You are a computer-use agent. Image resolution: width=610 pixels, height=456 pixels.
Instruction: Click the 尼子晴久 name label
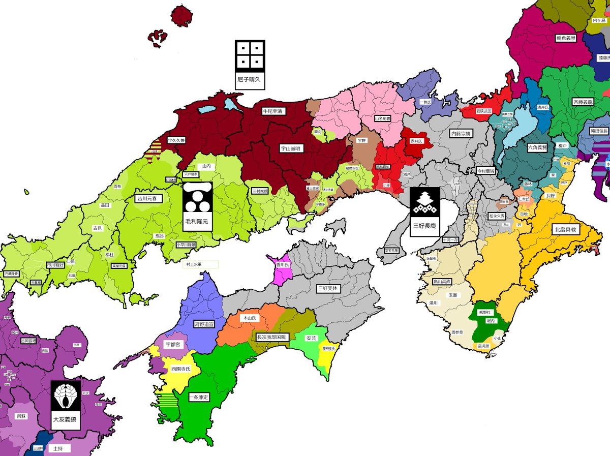(250, 80)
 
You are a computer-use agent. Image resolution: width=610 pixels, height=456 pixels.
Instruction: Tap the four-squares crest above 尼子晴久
(250, 55)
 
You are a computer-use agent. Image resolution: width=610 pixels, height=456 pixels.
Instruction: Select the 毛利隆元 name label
(196, 222)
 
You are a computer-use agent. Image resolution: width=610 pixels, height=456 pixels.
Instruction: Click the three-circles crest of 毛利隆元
(196, 199)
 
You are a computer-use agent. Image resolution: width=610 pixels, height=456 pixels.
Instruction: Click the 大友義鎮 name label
(66, 420)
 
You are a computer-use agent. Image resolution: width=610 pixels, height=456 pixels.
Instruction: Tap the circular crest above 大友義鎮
(66, 397)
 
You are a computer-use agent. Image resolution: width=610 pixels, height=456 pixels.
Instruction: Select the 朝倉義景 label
(566, 38)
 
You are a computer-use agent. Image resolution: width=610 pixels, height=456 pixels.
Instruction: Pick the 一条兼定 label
(199, 397)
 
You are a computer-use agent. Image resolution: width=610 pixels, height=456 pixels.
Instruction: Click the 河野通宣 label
(204, 323)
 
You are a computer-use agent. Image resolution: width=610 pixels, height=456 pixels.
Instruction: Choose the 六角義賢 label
(537, 147)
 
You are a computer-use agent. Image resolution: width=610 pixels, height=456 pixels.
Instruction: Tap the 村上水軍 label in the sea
(200, 264)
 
